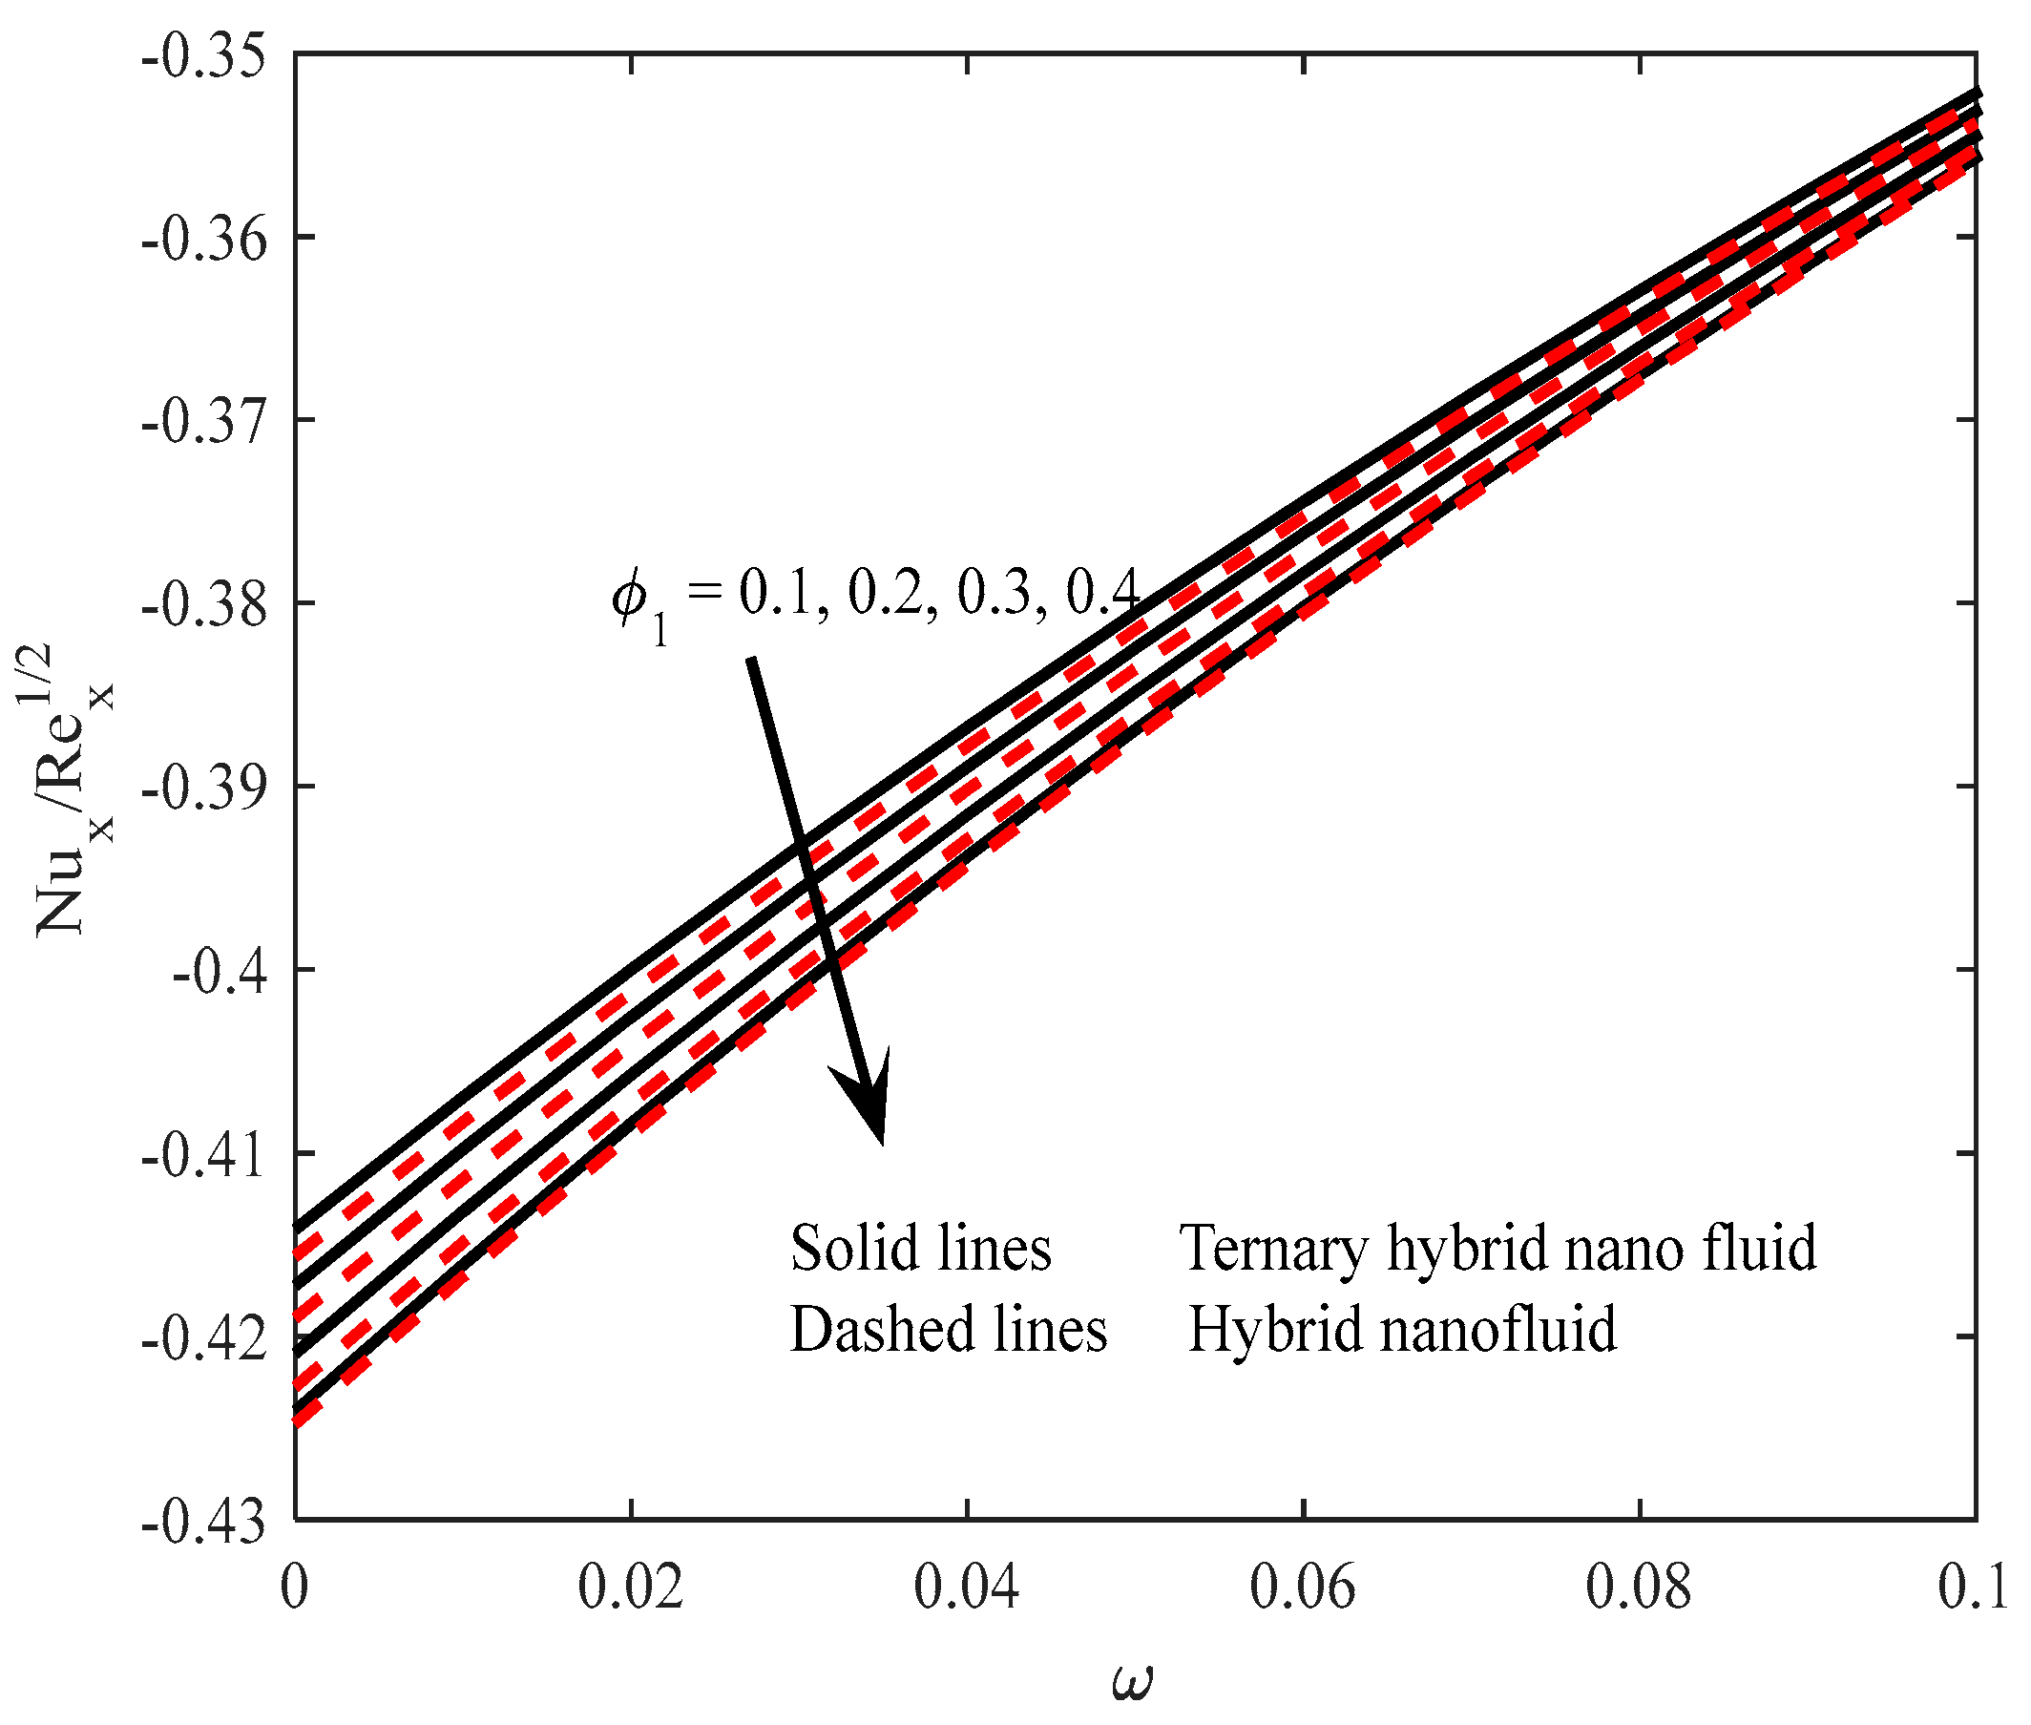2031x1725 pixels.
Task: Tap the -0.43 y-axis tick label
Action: click(x=203, y=1523)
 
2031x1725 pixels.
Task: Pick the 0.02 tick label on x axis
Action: click(x=630, y=1587)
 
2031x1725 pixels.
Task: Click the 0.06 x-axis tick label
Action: click(x=1302, y=1587)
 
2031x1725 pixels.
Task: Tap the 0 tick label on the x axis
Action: click(x=294, y=1587)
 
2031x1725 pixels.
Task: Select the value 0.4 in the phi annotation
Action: click(x=1101, y=592)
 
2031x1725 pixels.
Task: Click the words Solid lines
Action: click(x=920, y=1249)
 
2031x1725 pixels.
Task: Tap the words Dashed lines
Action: click(x=948, y=1330)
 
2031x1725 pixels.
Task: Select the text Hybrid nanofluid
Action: click(x=1401, y=1330)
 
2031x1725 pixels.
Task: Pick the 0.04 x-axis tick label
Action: click(x=966, y=1587)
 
